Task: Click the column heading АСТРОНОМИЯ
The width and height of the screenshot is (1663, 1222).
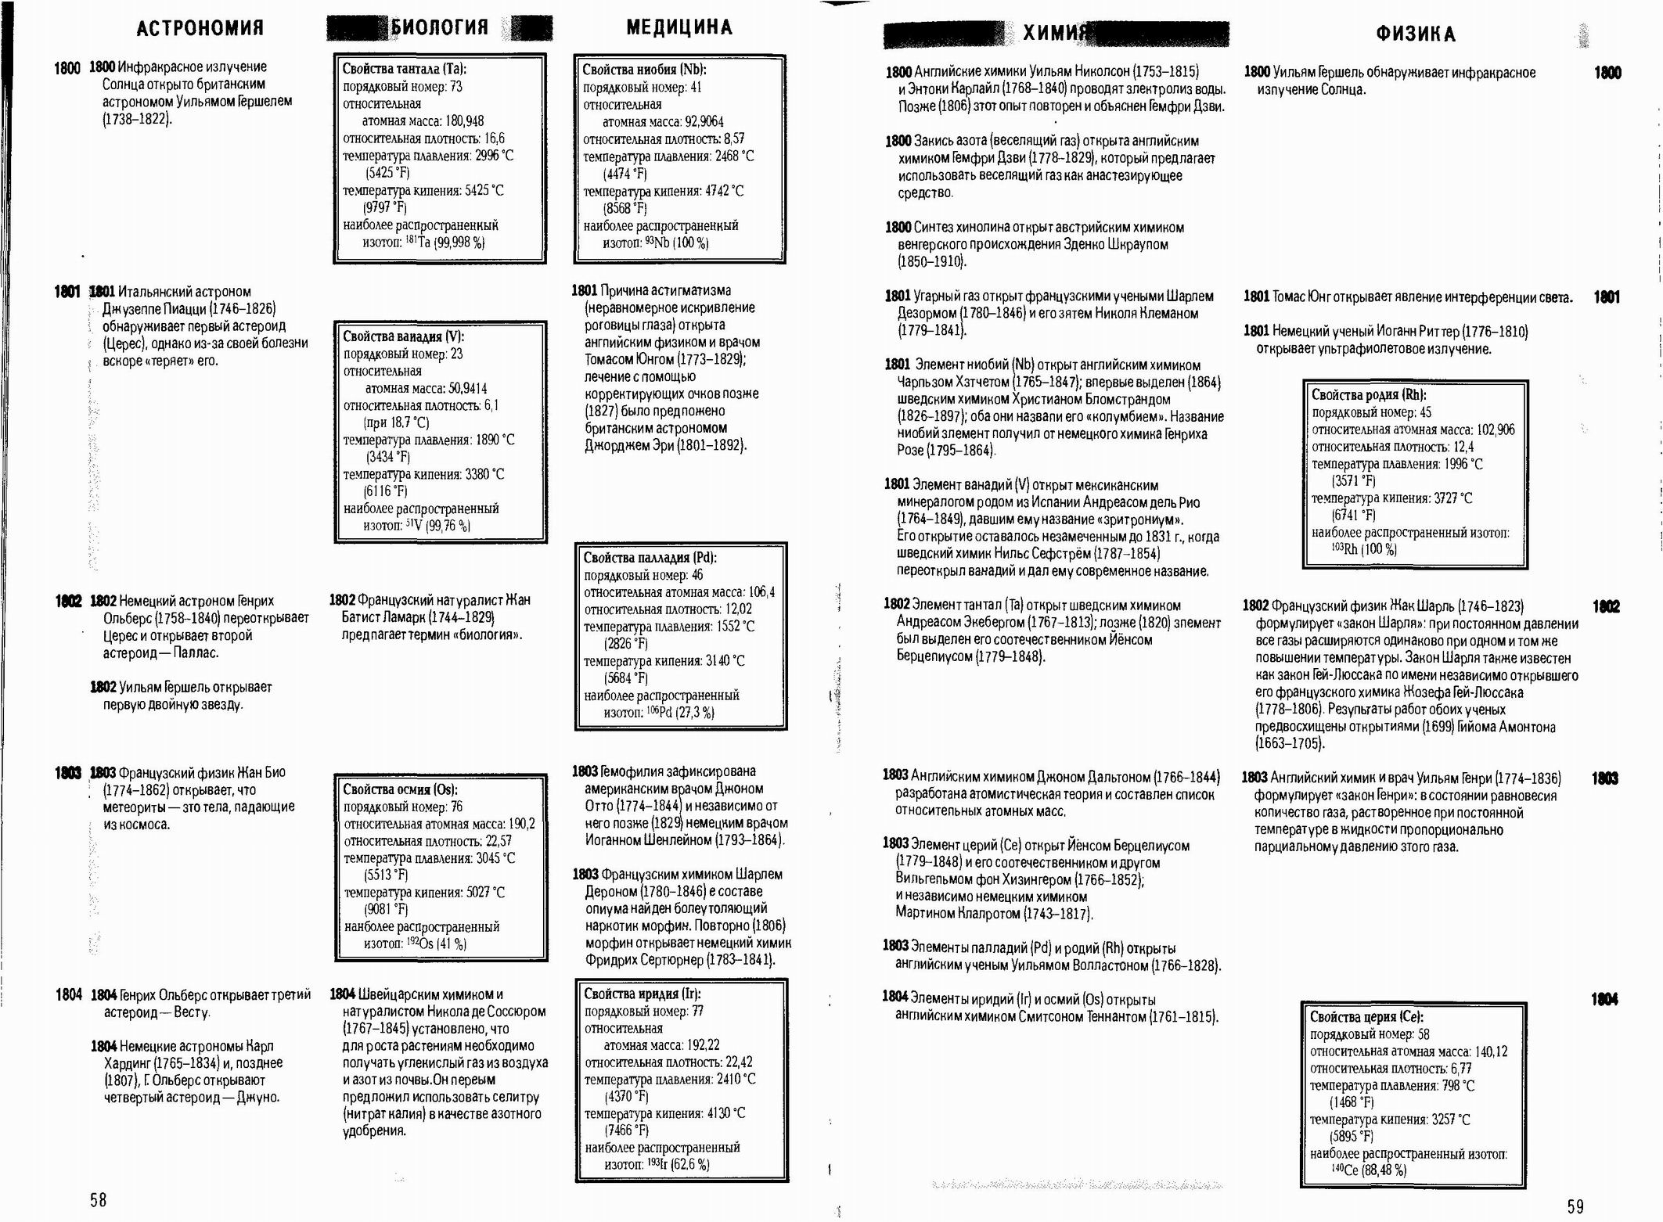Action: (200, 28)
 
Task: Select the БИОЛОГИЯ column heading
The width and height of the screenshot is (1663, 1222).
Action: (439, 27)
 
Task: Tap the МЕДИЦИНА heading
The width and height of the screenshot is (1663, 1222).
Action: (679, 27)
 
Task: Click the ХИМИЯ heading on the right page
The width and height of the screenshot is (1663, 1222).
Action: (1056, 33)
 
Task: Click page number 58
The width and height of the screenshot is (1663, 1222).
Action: (98, 1199)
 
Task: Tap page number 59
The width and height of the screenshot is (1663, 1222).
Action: (1575, 1206)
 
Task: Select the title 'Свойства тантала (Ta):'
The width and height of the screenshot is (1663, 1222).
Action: (404, 69)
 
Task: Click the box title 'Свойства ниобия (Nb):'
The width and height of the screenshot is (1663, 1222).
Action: (644, 70)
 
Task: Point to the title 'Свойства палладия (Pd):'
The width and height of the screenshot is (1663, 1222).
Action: (650, 558)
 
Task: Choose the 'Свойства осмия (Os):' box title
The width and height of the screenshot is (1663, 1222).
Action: (400, 789)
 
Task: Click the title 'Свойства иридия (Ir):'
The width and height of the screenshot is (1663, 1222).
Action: (642, 994)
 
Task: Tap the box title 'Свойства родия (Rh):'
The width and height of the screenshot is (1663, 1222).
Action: (1369, 395)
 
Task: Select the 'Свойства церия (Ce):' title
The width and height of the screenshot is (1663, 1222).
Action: (1366, 1017)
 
